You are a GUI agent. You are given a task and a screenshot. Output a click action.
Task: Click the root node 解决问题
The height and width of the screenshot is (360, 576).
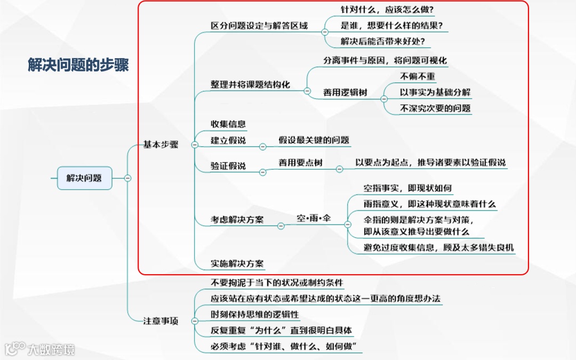(84, 178)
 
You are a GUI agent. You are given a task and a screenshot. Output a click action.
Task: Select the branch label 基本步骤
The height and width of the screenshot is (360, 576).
(161, 145)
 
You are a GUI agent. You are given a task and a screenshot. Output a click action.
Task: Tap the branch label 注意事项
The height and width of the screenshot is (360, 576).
(161, 321)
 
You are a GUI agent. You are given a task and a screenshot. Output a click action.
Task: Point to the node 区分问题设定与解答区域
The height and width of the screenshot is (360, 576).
(259, 26)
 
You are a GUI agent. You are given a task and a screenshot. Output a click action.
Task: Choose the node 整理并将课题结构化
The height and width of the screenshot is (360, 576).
(250, 84)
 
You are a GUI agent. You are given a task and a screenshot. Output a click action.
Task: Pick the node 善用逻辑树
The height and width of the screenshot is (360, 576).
(345, 92)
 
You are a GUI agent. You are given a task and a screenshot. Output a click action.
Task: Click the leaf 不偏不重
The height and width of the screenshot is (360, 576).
(417, 77)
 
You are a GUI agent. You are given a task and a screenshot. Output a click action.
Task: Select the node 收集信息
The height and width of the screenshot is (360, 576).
(228, 124)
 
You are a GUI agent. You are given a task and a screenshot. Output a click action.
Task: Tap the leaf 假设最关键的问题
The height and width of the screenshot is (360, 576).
(314, 140)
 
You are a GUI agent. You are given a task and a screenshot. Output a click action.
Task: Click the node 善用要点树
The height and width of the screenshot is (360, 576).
(300, 163)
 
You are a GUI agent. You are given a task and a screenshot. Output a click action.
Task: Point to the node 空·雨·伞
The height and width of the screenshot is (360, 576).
(314, 219)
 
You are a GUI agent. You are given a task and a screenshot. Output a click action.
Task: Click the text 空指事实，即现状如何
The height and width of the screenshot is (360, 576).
(407, 188)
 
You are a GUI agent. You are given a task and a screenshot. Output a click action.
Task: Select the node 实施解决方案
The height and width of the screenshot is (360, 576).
(237, 263)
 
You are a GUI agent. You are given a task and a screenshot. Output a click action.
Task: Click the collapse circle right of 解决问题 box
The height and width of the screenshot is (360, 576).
(127, 178)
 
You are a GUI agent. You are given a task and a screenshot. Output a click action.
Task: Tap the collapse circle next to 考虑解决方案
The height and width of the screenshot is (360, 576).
(281, 226)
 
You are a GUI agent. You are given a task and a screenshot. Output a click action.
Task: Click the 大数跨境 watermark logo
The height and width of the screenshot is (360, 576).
(40, 349)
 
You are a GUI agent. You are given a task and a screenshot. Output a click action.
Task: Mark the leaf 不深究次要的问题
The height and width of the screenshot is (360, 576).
(435, 108)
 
